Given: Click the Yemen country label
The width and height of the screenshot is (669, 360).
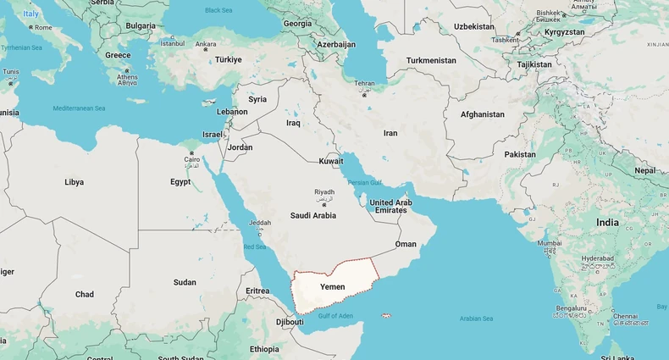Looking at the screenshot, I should (332, 287).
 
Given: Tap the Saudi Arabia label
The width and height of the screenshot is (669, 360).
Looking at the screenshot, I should (313, 215).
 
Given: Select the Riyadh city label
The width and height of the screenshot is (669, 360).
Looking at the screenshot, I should (324, 192).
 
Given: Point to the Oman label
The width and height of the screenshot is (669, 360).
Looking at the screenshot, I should (406, 244).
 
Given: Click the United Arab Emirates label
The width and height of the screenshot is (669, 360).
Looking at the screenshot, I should (390, 206).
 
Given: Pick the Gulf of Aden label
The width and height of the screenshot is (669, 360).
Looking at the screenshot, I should (335, 316).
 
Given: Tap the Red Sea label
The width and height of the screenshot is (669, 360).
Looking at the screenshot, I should (255, 246).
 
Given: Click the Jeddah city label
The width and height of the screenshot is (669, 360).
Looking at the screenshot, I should (260, 223).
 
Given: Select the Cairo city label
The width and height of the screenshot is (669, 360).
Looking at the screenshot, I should (192, 159).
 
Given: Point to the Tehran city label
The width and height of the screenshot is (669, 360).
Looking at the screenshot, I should (364, 84).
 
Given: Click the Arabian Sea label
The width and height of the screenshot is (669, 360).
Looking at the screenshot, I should (476, 318).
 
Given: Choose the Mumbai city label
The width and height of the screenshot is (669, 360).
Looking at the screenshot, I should (550, 243).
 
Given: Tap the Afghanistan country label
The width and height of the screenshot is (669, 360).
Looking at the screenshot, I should (482, 114).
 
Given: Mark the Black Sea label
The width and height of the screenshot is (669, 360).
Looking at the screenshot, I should (218, 10).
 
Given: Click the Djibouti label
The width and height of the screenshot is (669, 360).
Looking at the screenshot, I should (290, 322).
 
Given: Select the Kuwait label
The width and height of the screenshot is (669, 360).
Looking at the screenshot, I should (331, 161).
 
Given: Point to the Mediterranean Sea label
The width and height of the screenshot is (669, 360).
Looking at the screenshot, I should (79, 108).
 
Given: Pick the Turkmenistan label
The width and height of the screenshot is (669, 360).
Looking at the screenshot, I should (431, 60).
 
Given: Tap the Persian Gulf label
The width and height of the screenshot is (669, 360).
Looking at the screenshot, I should (364, 182).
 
